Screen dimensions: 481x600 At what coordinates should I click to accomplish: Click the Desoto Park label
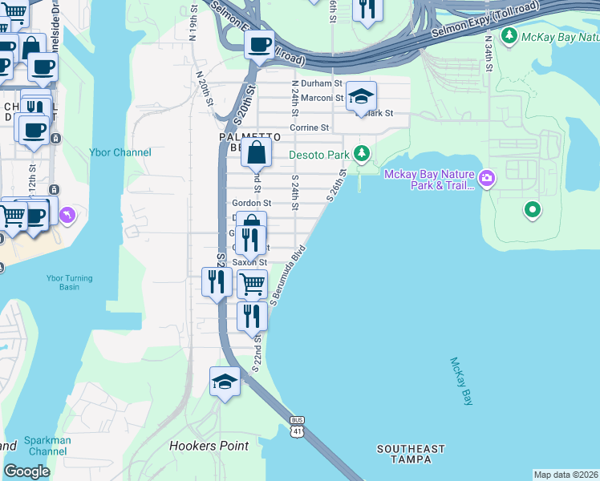(x=319, y=153)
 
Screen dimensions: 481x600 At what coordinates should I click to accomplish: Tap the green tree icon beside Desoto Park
(x=363, y=152)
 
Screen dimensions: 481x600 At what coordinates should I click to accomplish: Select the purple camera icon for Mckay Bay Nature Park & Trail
(x=486, y=176)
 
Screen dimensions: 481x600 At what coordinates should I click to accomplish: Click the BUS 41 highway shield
(x=298, y=426)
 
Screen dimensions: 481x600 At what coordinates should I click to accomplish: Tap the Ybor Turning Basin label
(x=69, y=284)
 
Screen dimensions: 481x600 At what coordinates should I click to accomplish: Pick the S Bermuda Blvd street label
(x=289, y=275)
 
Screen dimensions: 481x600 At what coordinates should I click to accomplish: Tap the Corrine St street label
(x=310, y=127)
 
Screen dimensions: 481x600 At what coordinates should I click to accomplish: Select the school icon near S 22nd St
(x=225, y=382)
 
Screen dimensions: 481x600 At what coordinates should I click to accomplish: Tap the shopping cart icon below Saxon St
(x=252, y=283)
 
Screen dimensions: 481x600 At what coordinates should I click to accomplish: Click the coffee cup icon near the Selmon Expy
(x=259, y=44)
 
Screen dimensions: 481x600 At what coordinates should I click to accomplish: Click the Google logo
(x=26, y=471)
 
